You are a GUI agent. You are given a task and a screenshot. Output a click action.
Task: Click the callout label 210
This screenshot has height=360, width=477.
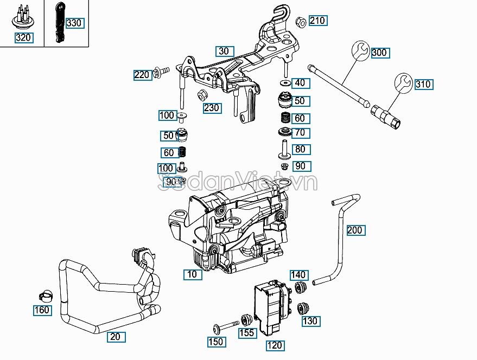pos(317,21)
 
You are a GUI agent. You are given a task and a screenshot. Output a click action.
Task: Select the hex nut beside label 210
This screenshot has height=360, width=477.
pos(301,22)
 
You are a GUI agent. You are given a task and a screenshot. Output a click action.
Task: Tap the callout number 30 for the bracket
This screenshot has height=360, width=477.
pos(224,52)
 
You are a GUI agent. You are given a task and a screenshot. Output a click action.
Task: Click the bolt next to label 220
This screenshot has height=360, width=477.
pos(162,70)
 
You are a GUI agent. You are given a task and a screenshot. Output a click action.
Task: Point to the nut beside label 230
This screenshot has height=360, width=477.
pos(200,95)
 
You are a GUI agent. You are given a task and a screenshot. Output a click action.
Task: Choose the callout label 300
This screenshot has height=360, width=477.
pos(379,53)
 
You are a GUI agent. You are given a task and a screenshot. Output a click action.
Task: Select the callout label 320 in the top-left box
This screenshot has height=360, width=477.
pos(23,38)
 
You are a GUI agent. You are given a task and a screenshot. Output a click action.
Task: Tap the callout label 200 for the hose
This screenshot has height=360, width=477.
pos(354,230)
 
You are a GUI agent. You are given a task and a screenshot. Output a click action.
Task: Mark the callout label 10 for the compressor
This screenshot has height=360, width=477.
pos(192,274)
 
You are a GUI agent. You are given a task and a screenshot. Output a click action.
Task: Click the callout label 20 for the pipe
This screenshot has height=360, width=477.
pos(115,337)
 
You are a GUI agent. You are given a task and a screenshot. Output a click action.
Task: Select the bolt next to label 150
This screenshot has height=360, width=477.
pos(225,326)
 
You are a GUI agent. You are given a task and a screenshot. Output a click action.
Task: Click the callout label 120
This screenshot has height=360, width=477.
pos(275,345)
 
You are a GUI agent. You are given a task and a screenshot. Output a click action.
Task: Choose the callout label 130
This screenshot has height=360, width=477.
pos(310,321)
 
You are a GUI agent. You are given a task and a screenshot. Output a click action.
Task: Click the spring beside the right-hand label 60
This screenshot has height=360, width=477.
pos(283,118)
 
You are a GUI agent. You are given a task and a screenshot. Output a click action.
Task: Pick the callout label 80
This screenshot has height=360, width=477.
pos(300,149)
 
